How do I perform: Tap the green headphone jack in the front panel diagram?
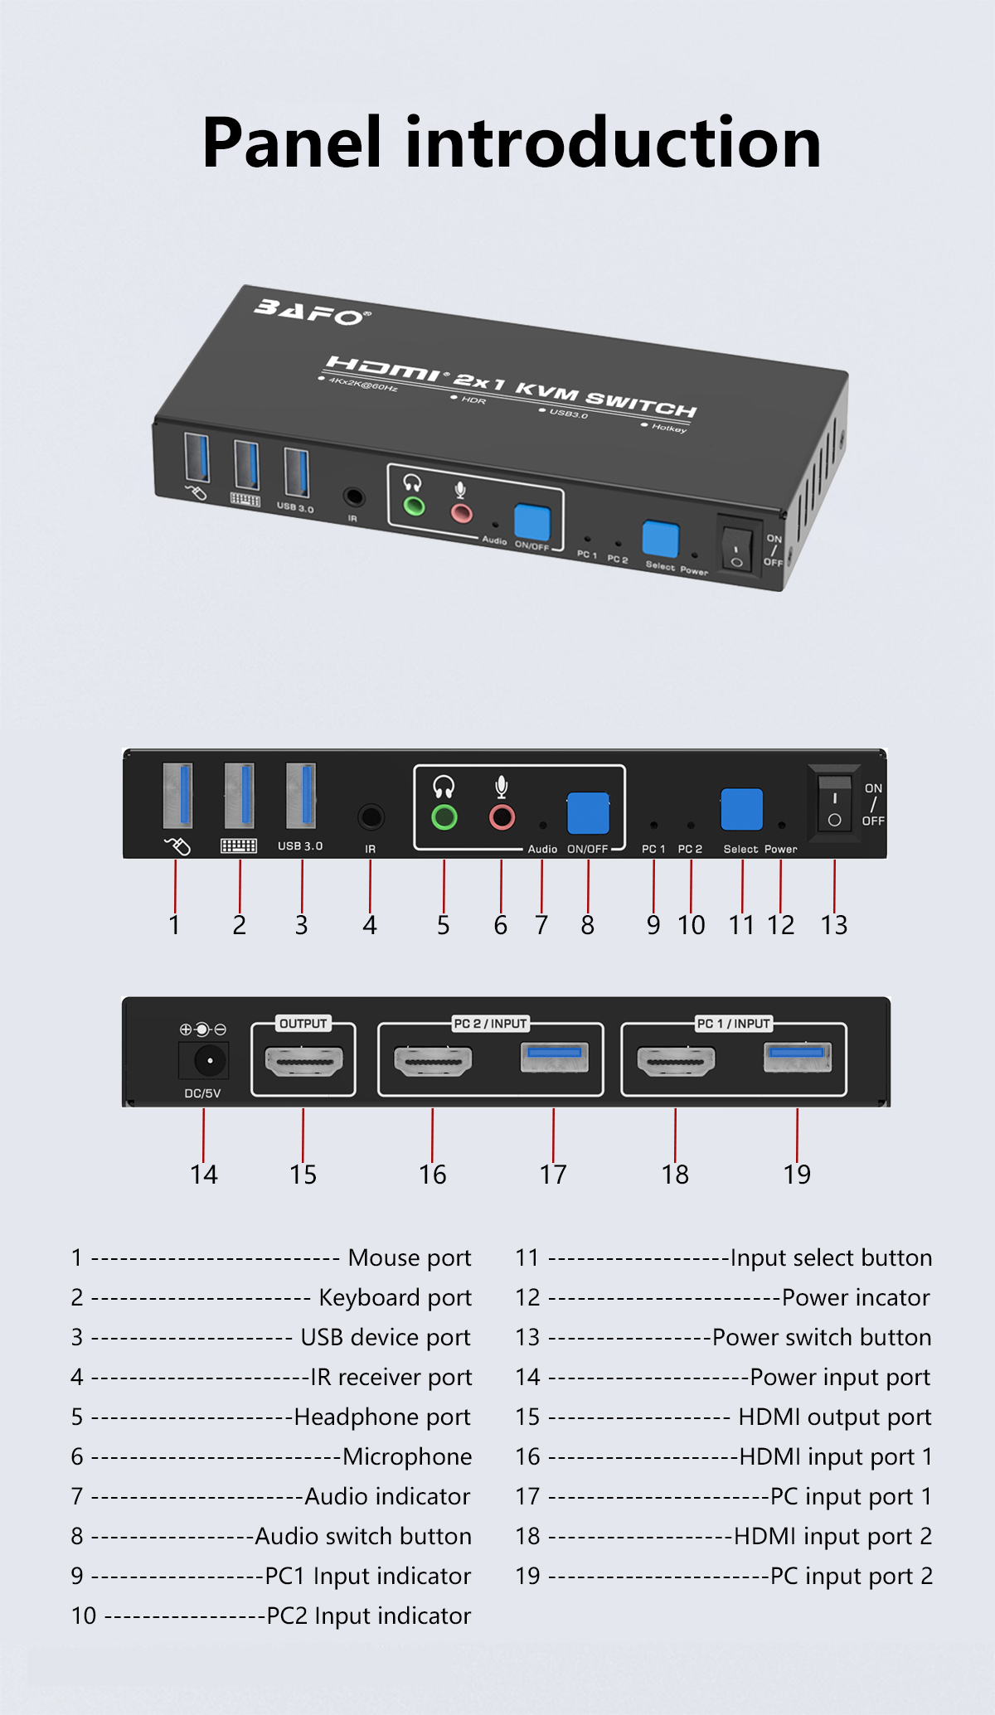coord(444,818)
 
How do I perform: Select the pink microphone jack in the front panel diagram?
coord(502,818)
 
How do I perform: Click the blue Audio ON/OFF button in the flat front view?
coord(588,813)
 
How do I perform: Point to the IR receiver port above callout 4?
coord(371,818)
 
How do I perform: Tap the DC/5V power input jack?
coord(204,1060)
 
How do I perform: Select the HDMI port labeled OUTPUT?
coord(303,1061)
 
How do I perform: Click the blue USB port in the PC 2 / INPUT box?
coord(555,1058)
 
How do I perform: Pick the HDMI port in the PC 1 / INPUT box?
coord(676,1061)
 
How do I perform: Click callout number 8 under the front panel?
coord(588,925)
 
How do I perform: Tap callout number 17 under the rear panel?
coord(553,1175)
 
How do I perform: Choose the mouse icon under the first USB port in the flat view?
coord(177,845)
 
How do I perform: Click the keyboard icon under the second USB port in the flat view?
coord(239,846)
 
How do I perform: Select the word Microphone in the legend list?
coord(407,1456)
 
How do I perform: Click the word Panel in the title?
coord(292,143)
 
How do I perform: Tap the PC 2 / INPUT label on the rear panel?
coord(490,1024)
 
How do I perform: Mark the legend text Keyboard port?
coord(395,1298)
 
